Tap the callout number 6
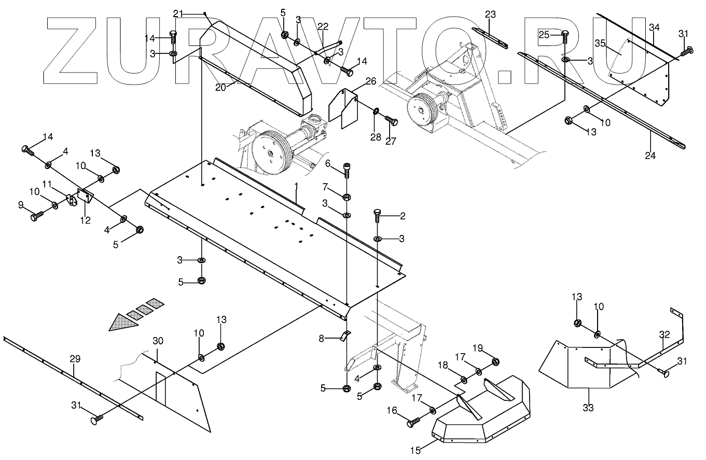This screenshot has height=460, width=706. click(328, 163)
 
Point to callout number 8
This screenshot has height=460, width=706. click(322, 339)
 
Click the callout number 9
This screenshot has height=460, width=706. click(21, 205)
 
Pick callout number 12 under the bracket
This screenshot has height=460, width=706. click(85, 220)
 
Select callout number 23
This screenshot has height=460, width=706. click(491, 14)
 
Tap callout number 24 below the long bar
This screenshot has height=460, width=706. click(650, 155)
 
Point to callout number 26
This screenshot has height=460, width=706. click(370, 81)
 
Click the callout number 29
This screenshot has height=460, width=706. click(75, 358)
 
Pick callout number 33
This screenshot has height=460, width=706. click(588, 408)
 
